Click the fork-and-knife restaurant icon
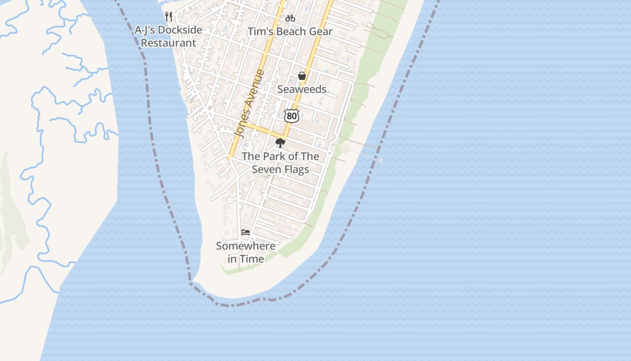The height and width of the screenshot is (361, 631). click(x=169, y=17)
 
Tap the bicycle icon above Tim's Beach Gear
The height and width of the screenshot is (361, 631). click(x=290, y=18)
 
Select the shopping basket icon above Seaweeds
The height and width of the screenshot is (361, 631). click(x=302, y=76)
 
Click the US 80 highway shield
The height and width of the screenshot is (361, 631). click(x=292, y=116)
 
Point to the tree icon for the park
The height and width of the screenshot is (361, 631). click(x=280, y=143)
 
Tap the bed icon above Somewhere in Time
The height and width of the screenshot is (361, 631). click(x=246, y=232)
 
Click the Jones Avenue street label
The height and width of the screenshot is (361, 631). click(x=249, y=104)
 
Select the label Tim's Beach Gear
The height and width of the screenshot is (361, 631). click(x=290, y=32)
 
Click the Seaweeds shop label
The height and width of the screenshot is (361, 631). click(x=302, y=89)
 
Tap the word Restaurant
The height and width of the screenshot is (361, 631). click(x=169, y=43)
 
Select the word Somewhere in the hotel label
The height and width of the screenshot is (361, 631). click(x=246, y=246)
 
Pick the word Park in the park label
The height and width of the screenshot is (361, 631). click(x=271, y=157)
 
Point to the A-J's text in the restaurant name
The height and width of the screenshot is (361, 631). click(x=145, y=31)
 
